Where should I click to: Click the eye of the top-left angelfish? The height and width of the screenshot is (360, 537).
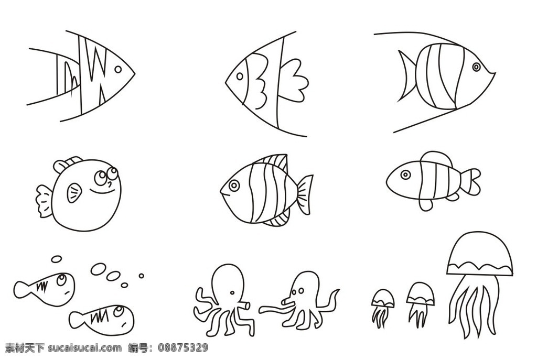pyautogui.click(x=118, y=70)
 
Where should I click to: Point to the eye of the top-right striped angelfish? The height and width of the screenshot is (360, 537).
pyautogui.click(x=476, y=67)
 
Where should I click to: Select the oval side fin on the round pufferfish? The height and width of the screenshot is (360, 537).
pyautogui.click(x=74, y=193)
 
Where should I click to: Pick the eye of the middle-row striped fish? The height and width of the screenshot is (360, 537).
pyautogui.click(x=234, y=185)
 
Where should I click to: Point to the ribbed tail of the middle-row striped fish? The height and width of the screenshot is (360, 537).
pyautogui.click(x=305, y=195)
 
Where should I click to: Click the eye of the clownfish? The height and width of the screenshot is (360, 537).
pyautogui.click(x=405, y=175)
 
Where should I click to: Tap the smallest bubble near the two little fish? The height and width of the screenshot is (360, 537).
pyautogui.click(x=141, y=276)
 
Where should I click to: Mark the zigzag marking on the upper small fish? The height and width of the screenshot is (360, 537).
pyautogui.click(x=42, y=285)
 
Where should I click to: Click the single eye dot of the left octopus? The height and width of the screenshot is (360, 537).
pyautogui.click(x=232, y=293)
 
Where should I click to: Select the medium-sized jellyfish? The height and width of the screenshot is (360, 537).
pyautogui.click(x=421, y=302)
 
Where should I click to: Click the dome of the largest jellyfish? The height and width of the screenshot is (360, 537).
pyautogui.click(x=480, y=254)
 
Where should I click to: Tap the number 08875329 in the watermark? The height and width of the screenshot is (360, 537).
pyautogui.click(x=183, y=348)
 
